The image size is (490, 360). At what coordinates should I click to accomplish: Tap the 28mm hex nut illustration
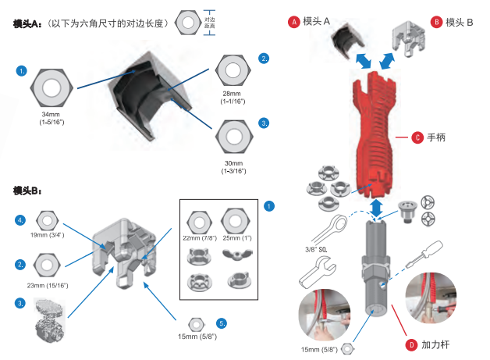point(234,70)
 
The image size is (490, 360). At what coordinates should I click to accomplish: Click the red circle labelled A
point(294,22)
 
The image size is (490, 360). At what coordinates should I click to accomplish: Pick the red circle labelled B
point(437,22)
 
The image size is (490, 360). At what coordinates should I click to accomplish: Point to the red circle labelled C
point(417,137)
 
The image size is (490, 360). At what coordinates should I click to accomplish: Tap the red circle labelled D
point(411,344)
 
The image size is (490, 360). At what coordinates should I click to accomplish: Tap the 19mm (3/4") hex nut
point(48,219)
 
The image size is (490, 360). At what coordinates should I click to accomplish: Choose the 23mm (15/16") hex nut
point(47,265)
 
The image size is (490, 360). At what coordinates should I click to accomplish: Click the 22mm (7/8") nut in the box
point(198,221)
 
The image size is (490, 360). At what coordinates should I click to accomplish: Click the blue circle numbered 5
point(222,323)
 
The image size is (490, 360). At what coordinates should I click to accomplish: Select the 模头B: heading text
point(27,191)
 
